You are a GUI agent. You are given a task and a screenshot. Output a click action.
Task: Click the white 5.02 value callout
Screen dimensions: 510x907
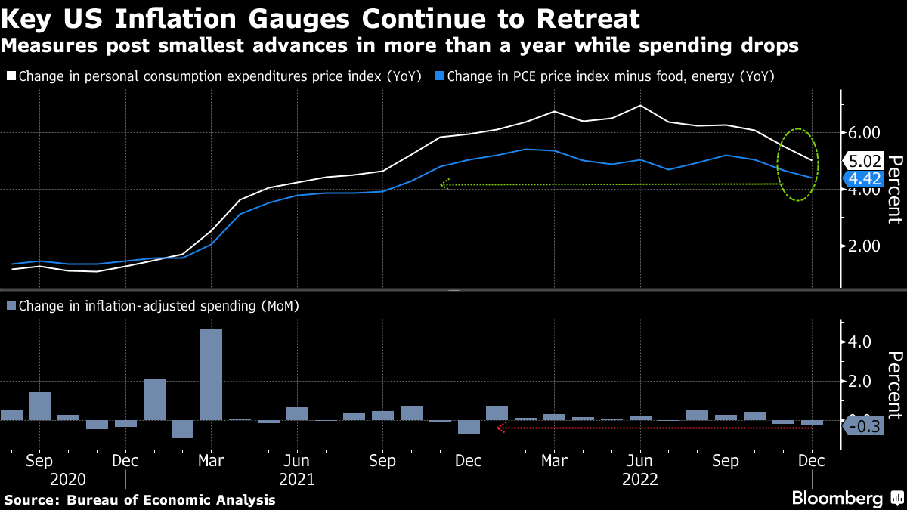click(864, 160)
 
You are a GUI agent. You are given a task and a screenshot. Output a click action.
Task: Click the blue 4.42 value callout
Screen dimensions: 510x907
click(864, 178)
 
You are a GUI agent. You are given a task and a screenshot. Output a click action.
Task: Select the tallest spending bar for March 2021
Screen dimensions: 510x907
click(211, 374)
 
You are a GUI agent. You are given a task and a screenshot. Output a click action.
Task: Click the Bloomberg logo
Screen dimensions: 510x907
click(837, 499)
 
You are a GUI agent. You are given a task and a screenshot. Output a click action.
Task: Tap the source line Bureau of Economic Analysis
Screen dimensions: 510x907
click(140, 500)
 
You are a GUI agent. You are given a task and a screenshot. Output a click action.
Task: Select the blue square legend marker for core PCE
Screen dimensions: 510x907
click(440, 76)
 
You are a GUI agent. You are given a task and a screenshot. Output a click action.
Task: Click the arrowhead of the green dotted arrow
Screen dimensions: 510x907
click(444, 184)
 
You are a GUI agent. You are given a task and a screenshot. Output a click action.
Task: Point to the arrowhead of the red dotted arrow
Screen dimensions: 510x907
click(500, 428)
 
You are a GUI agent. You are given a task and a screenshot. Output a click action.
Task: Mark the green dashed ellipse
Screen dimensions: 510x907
click(798, 165)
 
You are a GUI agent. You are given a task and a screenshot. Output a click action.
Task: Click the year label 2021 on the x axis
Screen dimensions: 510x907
click(297, 479)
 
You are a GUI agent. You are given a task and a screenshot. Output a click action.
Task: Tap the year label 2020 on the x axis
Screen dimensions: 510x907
click(68, 479)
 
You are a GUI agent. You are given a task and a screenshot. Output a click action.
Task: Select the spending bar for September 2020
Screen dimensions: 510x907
click(39, 406)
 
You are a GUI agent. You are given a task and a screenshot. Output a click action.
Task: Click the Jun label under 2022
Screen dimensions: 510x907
click(640, 460)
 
